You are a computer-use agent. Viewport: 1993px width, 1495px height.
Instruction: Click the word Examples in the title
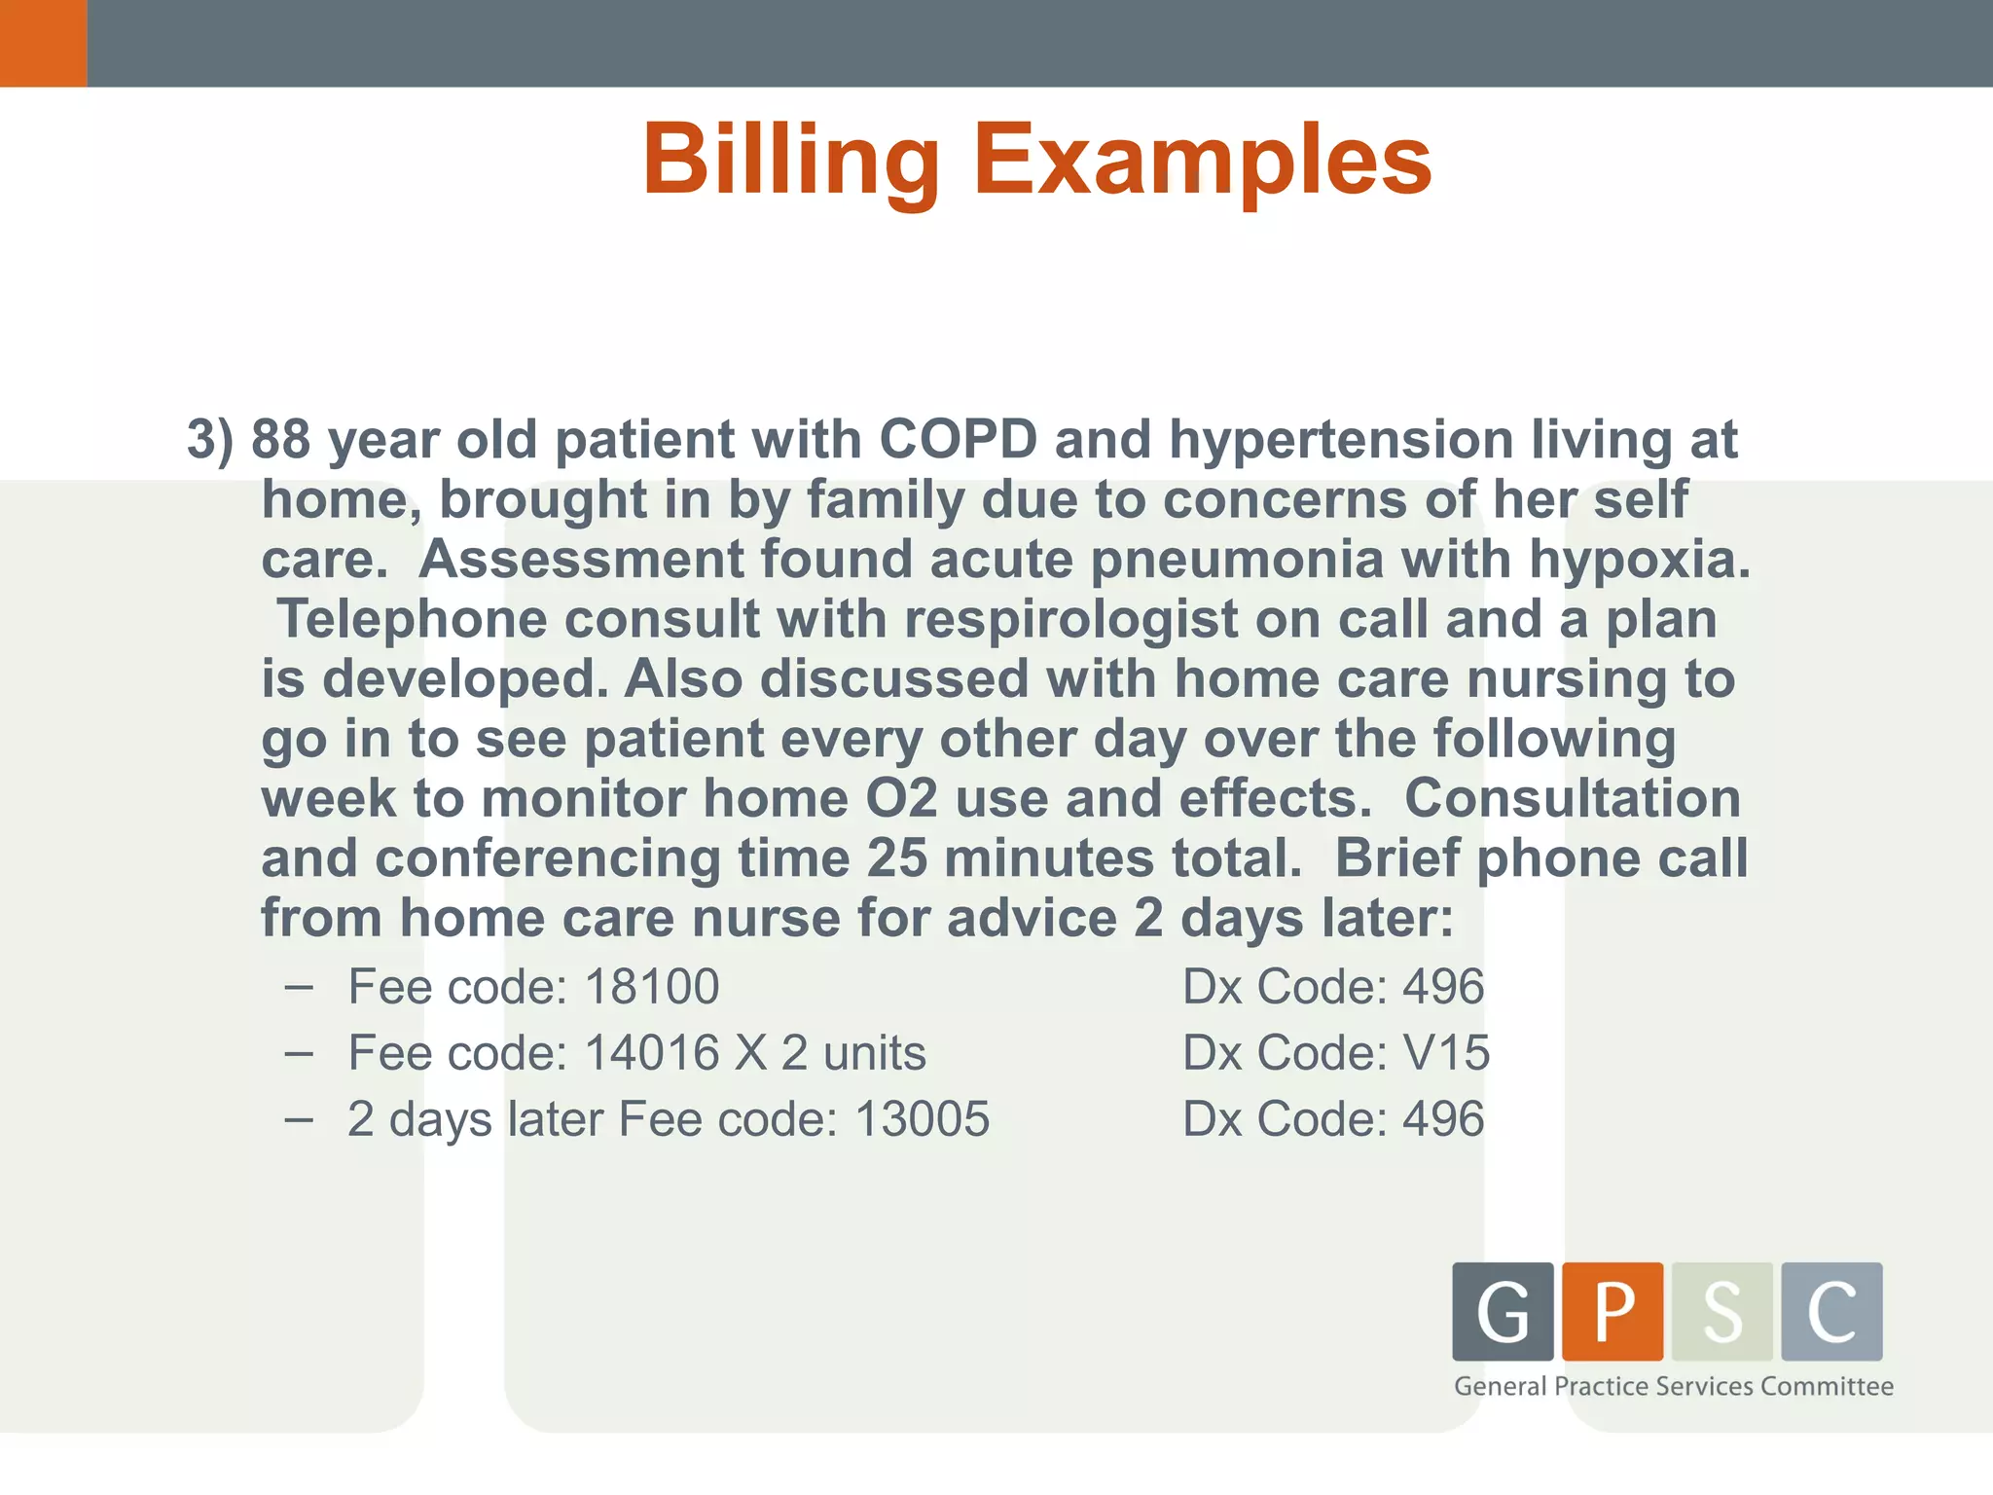(x=1202, y=161)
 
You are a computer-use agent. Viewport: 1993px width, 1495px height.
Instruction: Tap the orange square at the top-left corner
(x=43, y=43)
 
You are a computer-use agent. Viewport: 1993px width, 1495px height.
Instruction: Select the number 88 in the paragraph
(x=280, y=440)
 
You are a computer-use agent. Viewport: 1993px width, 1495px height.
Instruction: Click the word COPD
(x=958, y=440)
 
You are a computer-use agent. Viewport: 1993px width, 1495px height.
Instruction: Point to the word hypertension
(x=1340, y=440)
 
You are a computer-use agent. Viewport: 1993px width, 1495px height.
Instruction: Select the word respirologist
(x=1070, y=620)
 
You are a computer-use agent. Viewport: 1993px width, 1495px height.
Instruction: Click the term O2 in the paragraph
(x=901, y=799)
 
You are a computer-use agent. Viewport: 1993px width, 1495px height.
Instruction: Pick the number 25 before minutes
(x=896, y=859)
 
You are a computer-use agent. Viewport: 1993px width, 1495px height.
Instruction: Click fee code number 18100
(x=652, y=987)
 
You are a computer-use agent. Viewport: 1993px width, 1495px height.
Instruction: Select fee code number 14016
(x=652, y=1053)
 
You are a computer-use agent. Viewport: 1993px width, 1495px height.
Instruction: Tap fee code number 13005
(x=922, y=1119)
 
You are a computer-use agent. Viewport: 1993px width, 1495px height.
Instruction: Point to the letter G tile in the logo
(x=1503, y=1311)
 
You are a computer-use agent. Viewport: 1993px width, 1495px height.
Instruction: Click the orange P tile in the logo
(x=1613, y=1311)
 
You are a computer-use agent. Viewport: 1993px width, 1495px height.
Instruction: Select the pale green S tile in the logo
(x=1721, y=1311)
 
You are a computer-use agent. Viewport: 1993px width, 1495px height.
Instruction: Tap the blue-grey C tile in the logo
(x=1831, y=1311)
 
